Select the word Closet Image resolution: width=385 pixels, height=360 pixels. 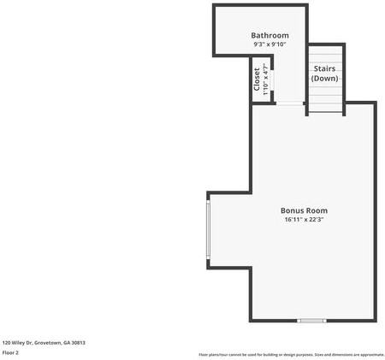click(257, 79)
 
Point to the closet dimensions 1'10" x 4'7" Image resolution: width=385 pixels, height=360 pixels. click(265, 79)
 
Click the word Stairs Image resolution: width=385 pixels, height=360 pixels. click(324, 68)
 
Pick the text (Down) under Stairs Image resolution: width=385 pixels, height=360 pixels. click(324, 79)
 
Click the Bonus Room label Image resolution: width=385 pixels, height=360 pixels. click(304, 210)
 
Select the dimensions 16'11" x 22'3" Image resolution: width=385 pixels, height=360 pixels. click(304, 220)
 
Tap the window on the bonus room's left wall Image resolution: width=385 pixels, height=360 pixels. click(208, 228)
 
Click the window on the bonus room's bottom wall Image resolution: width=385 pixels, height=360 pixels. click(311, 321)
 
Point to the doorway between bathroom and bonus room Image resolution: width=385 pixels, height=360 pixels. click(290, 103)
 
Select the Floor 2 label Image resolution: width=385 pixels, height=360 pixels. click(10, 352)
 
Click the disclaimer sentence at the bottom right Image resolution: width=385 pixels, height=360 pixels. click(292, 354)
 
